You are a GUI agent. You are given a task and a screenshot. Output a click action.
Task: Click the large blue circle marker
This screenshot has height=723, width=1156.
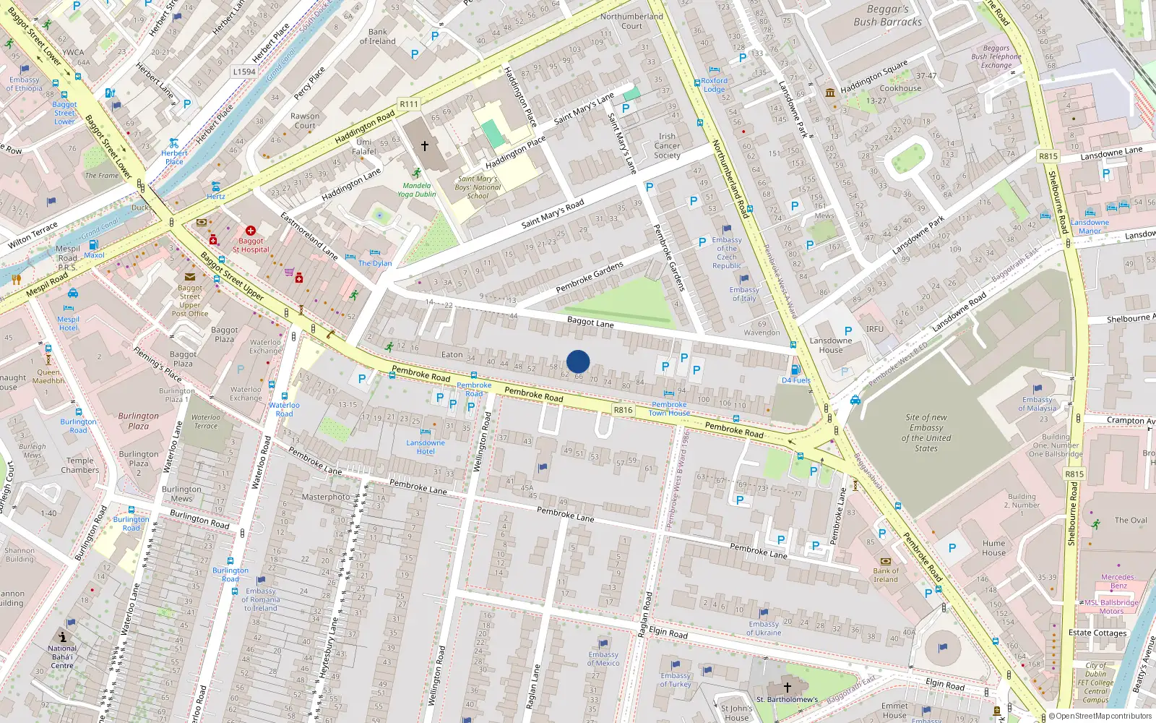(578, 361)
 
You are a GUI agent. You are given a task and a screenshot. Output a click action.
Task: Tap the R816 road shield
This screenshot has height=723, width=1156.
(623, 410)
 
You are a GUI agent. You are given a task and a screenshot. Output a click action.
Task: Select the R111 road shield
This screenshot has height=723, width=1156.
(409, 104)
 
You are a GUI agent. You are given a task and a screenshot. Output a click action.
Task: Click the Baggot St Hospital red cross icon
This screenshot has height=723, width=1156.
(251, 231)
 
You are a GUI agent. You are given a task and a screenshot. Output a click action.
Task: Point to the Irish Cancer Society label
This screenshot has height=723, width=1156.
(667, 146)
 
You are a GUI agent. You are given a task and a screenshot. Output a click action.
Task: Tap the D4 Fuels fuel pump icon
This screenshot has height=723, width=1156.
(795, 370)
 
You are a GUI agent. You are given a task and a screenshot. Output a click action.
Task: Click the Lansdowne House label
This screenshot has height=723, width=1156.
(830, 345)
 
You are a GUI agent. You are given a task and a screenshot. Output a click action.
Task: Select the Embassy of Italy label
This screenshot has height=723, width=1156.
(743, 294)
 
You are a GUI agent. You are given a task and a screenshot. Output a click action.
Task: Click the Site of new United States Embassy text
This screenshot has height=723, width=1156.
(926, 432)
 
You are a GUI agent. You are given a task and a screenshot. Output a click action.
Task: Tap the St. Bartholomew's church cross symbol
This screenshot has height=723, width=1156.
(788, 687)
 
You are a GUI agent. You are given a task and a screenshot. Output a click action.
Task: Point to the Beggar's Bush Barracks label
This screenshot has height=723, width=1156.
(887, 16)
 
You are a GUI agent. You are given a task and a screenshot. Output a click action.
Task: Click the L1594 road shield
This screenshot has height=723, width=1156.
(244, 72)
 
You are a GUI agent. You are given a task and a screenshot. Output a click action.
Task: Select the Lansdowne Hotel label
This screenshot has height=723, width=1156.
(426, 447)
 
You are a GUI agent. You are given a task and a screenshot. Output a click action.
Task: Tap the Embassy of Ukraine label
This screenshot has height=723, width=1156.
(764, 628)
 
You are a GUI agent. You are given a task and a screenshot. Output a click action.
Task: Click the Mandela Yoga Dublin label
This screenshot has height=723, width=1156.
(416, 189)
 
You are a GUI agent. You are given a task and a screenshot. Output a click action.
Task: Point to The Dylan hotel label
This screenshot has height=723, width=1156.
(375, 263)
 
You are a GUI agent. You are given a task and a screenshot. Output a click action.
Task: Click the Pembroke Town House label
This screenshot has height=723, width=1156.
(669, 408)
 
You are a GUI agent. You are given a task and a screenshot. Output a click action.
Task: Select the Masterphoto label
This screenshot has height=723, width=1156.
(325, 497)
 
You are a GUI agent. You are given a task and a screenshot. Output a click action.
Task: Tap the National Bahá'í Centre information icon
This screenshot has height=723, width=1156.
(63, 637)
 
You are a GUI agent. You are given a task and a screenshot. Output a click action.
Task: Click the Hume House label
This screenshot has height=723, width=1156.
(993, 547)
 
